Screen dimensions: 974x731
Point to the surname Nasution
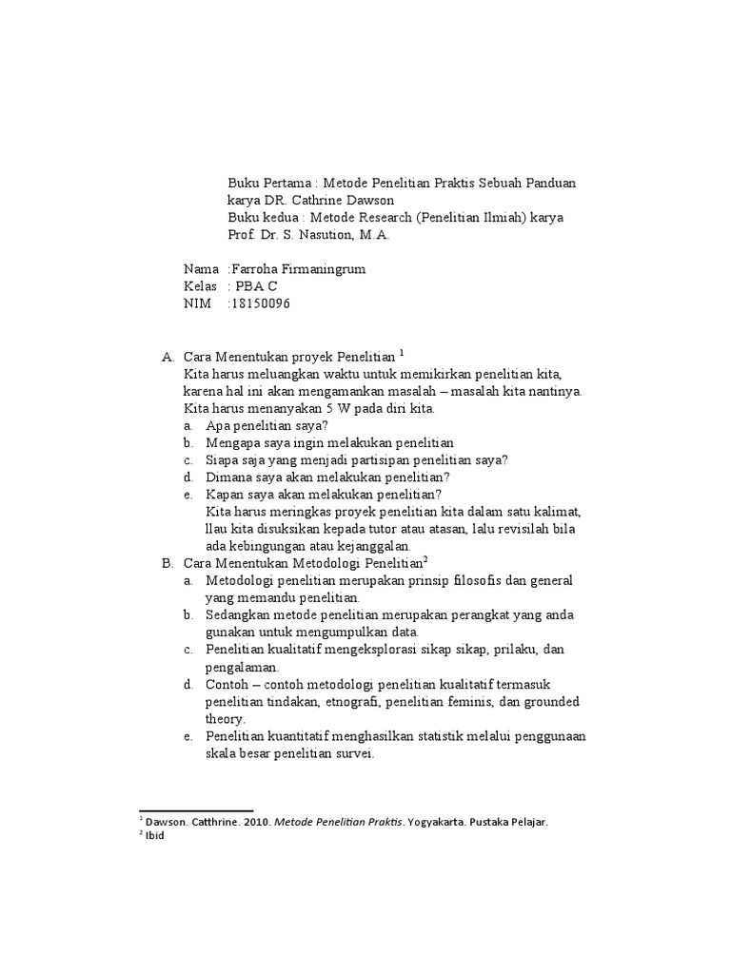pos(318,234)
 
